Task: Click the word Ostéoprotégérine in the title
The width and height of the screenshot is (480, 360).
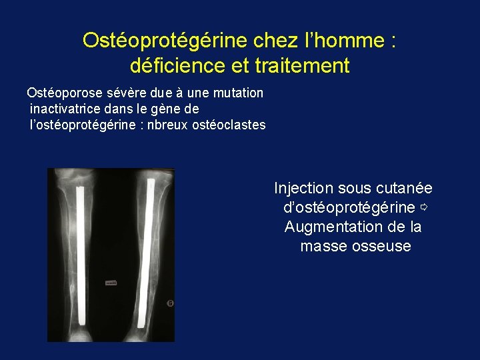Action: (x=165, y=41)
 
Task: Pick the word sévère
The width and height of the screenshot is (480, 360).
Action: (x=124, y=93)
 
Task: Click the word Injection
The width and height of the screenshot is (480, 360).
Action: (x=303, y=189)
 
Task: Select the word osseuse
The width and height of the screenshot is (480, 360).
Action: (x=383, y=246)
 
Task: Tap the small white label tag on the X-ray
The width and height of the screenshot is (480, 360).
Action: (x=111, y=283)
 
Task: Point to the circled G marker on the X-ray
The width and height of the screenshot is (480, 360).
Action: (x=170, y=303)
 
